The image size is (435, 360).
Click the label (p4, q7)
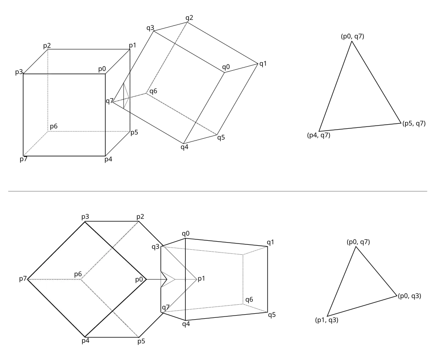319,136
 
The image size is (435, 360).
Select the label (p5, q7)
414,123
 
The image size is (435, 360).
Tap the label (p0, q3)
410,296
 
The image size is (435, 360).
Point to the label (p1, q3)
327,320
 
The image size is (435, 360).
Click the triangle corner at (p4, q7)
319,131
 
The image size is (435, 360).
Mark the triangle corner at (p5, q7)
401,123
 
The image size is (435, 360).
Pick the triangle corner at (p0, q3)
397,296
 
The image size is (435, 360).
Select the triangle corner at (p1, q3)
327,316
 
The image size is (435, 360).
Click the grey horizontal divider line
217,191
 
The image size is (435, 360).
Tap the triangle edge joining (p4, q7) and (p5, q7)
360,127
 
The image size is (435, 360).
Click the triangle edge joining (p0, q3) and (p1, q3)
362,306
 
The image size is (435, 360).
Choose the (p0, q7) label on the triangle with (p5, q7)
353,36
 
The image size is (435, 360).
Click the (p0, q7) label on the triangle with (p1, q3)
358,242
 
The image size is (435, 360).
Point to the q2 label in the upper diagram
189,18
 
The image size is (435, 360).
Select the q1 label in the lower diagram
271,242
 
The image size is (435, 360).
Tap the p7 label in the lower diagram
23,279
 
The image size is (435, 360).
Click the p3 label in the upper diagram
19,72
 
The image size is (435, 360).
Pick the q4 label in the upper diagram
184,147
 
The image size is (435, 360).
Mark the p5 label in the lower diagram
141,341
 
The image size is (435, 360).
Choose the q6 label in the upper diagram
154,91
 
